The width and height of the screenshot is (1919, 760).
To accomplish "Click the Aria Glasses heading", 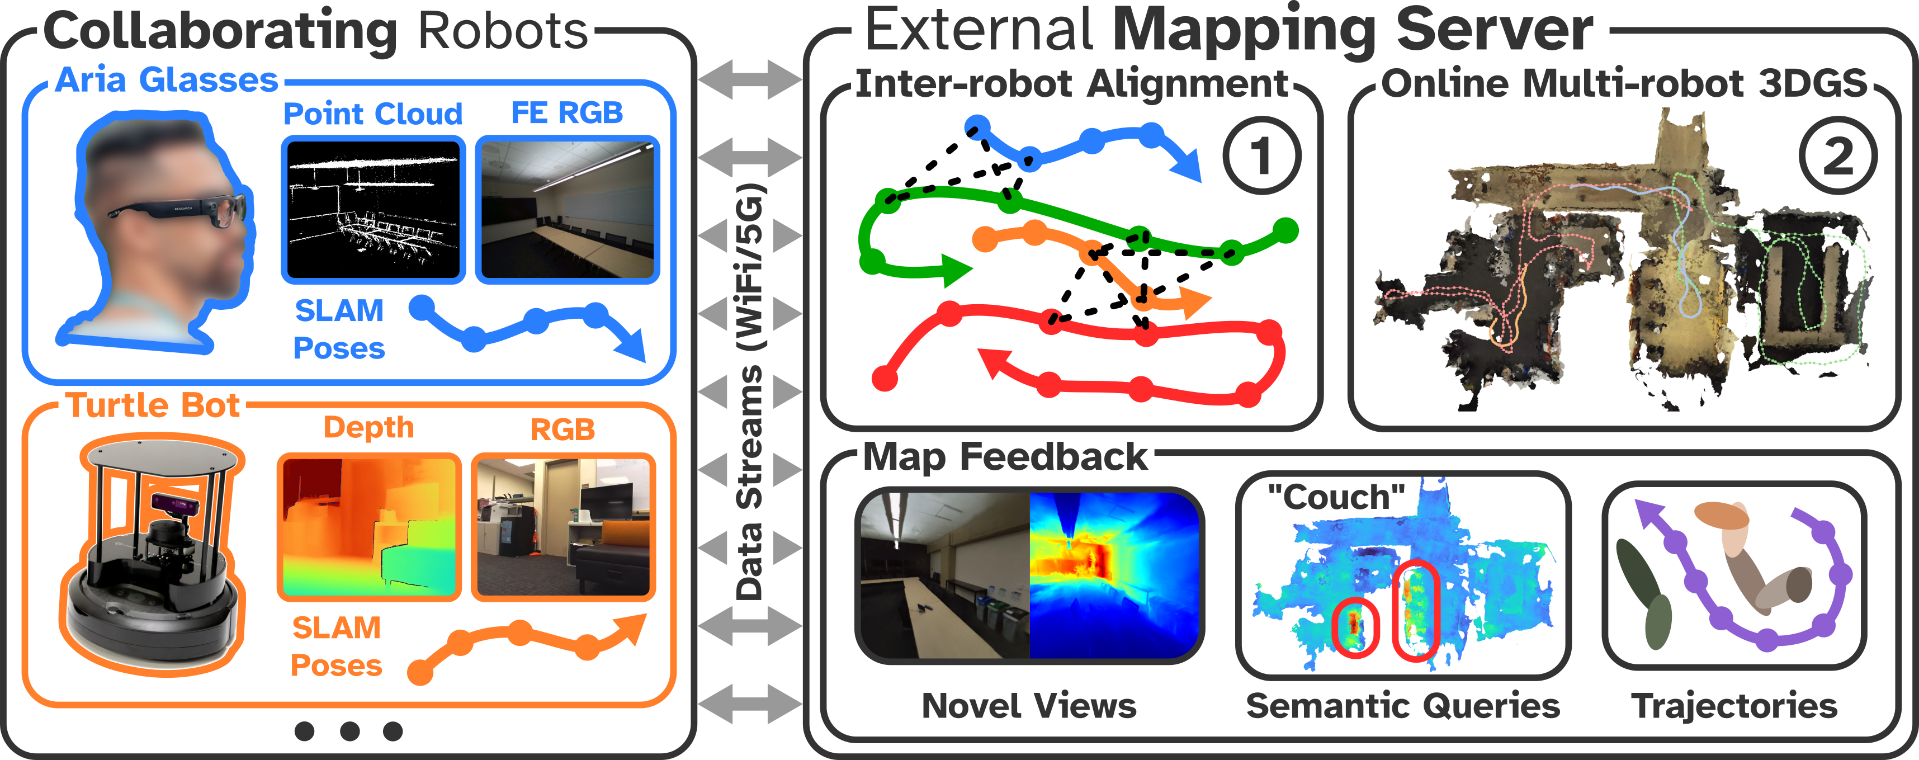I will pos(166,80).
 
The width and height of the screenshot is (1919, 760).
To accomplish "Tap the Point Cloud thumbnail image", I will pos(373,209).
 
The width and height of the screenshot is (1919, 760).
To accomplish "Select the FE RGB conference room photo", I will pos(567,209).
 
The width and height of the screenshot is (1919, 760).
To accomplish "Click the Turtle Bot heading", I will pos(153,406).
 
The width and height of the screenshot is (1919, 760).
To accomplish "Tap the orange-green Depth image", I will pos(368,527).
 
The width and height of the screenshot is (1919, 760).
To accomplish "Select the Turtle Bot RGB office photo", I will pos(563,527).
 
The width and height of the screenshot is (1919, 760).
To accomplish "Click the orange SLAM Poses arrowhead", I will pos(632,627).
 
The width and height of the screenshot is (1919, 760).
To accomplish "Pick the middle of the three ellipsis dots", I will pos(349,731).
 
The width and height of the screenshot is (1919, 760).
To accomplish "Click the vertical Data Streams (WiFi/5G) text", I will pos(749,391).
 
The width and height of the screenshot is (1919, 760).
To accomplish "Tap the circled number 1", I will pos(1261,157).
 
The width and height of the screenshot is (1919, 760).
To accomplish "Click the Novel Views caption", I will pos(1029,706).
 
